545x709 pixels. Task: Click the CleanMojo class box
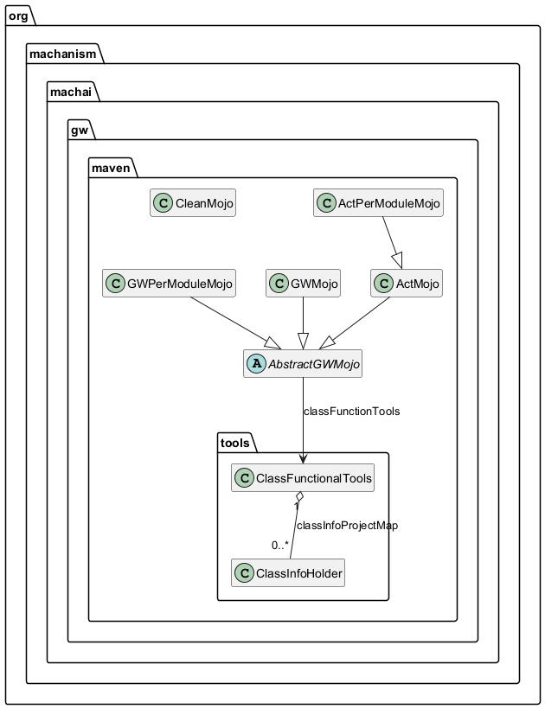click(192, 203)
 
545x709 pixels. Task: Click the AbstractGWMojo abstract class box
click(302, 365)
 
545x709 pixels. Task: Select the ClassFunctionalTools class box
click(303, 478)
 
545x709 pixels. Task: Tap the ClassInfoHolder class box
click(288, 572)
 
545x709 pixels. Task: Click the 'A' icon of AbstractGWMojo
click(255, 365)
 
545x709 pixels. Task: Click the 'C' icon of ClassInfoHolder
click(244, 572)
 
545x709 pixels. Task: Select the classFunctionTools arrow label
click(351, 412)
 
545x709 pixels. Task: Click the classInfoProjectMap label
click(347, 526)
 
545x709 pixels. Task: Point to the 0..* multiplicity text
click(279, 546)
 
